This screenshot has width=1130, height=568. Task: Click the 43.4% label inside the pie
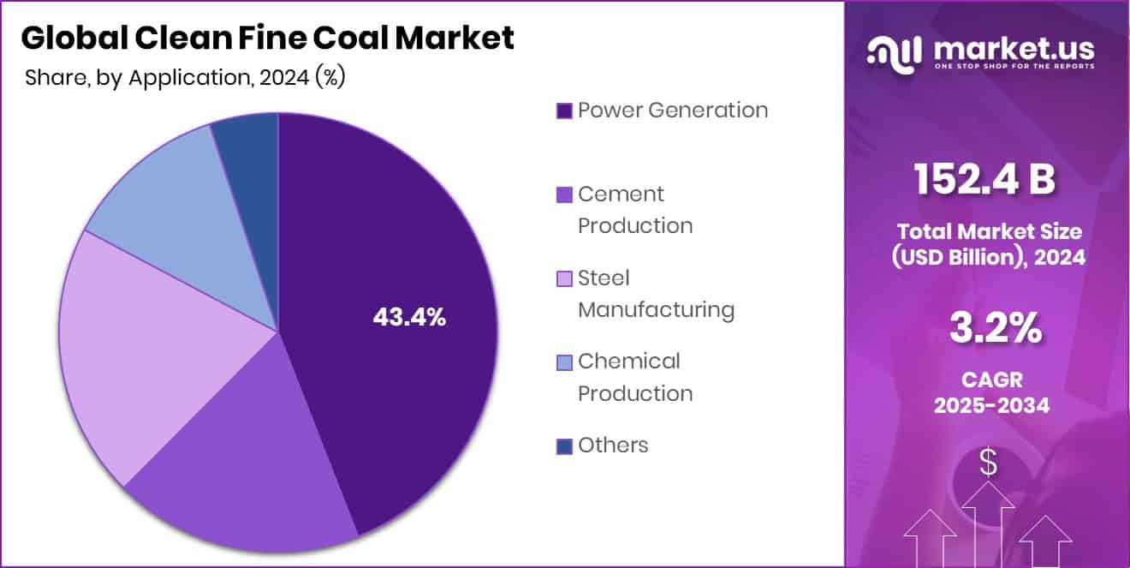point(409,317)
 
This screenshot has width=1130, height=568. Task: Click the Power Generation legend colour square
point(564,111)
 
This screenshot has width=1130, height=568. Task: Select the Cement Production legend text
point(634,210)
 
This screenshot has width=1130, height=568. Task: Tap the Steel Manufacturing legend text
point(656,294)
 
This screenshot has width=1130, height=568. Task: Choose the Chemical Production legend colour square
point(564,362)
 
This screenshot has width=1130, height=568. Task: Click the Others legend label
point(613,445)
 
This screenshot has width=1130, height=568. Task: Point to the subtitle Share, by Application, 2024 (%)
point(185,77)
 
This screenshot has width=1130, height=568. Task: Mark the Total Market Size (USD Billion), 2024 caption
point(989,244)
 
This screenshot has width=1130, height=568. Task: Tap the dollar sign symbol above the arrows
point(989,463)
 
